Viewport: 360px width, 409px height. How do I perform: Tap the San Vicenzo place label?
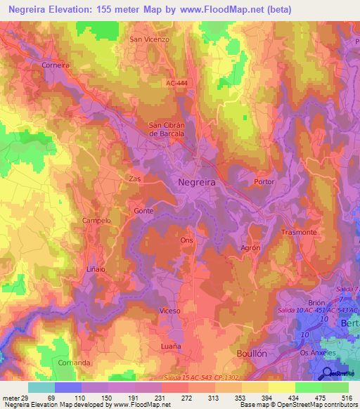pyautogui.click(x=149, y=39)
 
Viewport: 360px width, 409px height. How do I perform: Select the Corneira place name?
pyautogui.click(x=56, y=65)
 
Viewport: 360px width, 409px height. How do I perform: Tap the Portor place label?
pyautogui.click(x=264, y=181)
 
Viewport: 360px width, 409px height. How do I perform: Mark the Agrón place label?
pyautogui.click(x=251, y=247)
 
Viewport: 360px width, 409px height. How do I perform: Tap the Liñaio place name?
pyautogui.click(x=96, y=268)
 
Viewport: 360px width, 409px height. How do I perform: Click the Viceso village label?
pyautogui.click(x=169, y=310)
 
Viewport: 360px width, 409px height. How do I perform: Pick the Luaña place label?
pyautogui.click(x=170, y=346)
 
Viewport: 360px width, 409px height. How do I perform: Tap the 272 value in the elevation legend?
pyautogui.click(x=187, y=398)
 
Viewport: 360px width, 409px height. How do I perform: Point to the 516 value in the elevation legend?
pyautogui.click(x=346, y=398)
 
